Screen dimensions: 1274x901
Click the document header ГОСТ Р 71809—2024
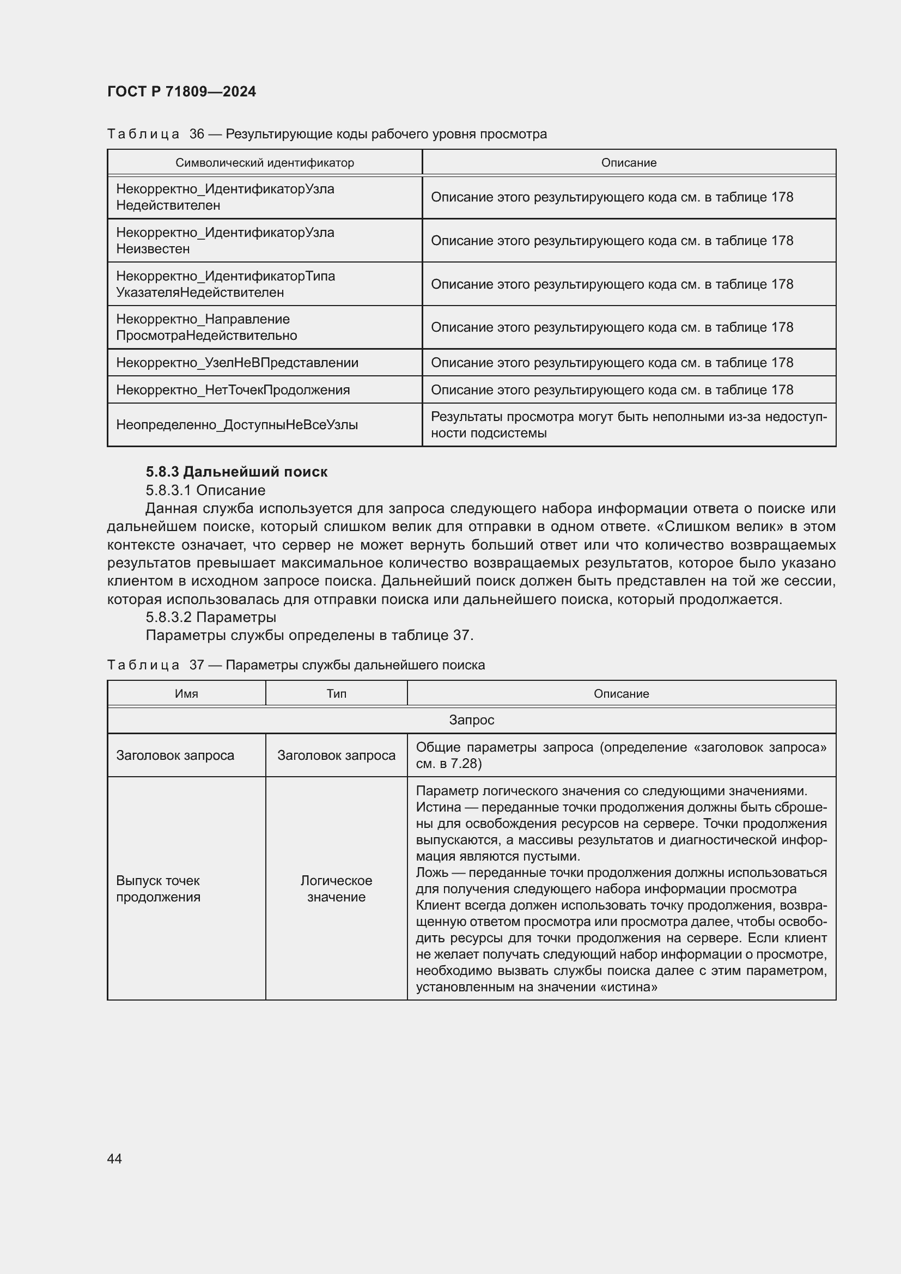coord(181,92)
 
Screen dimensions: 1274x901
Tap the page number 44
coord(114,1159)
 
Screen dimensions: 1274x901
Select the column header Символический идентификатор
coord(264,162)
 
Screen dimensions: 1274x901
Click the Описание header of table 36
coord(628,162)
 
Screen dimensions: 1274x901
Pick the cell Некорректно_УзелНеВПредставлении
coord(237,362)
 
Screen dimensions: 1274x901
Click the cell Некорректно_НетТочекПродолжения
coord(233,389)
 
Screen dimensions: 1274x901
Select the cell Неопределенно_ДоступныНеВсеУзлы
coord(236,424)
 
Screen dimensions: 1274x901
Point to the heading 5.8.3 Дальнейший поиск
coord(236,472)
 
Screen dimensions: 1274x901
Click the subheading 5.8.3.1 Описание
coord(205,490)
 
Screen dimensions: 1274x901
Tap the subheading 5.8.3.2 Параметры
coord(211,617)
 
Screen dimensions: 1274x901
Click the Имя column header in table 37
coord(186,693)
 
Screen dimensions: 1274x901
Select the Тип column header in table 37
coord(336,693)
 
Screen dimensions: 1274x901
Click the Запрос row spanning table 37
coord(471,720)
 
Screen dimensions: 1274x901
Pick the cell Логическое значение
coord(336,888)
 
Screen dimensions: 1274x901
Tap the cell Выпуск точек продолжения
coord(158,888)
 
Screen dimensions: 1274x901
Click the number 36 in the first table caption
coord(197,134)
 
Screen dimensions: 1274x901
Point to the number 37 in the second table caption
coord(197,665)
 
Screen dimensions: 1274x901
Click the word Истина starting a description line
coord(438,807)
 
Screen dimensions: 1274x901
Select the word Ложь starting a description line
coord(431,872)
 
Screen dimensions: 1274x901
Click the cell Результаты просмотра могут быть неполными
coord(628,424)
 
